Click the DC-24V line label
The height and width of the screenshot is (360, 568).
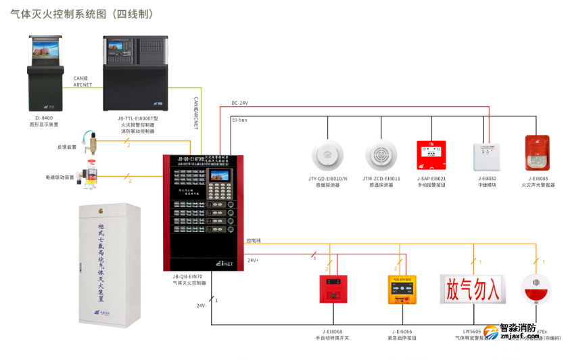pos(240,103)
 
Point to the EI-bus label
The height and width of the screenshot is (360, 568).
pos(240,120)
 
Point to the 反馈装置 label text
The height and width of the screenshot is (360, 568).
pos(66,146)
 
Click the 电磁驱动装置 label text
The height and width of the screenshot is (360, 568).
pos(60,177)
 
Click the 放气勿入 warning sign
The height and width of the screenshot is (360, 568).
pos(473,288)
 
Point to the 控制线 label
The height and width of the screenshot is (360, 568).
pos(254,240)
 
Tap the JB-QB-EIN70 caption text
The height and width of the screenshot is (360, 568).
pos(187,277)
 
